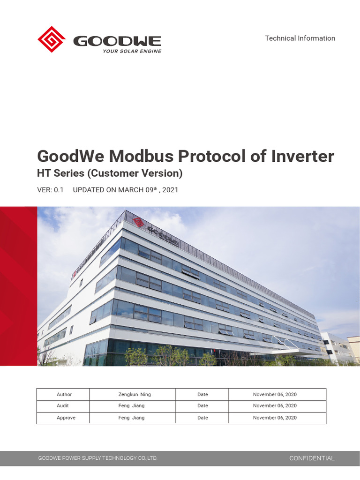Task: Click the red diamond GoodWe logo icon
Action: click(52, 39)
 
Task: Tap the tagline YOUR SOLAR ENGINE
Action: click(132, 51)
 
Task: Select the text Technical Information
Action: click(300, 38)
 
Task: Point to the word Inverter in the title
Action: click(302, 156)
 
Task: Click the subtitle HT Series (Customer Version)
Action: click(109, 173)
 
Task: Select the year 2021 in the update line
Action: click(170, 190)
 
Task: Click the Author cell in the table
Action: click(64, 395)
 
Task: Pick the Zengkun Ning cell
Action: click(135, 395)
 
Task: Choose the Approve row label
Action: click(66, 418)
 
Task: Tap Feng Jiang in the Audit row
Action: click(132, 406)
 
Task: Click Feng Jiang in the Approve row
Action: click(132, 418)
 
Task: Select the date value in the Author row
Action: click(275, 395)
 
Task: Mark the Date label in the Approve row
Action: click(202, 418)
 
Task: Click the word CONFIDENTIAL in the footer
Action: click(312, 458)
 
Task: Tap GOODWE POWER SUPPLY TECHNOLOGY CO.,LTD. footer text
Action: click(97, 458)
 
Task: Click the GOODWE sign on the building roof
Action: click(162, 234)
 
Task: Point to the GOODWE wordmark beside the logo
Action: click(117, 41)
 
